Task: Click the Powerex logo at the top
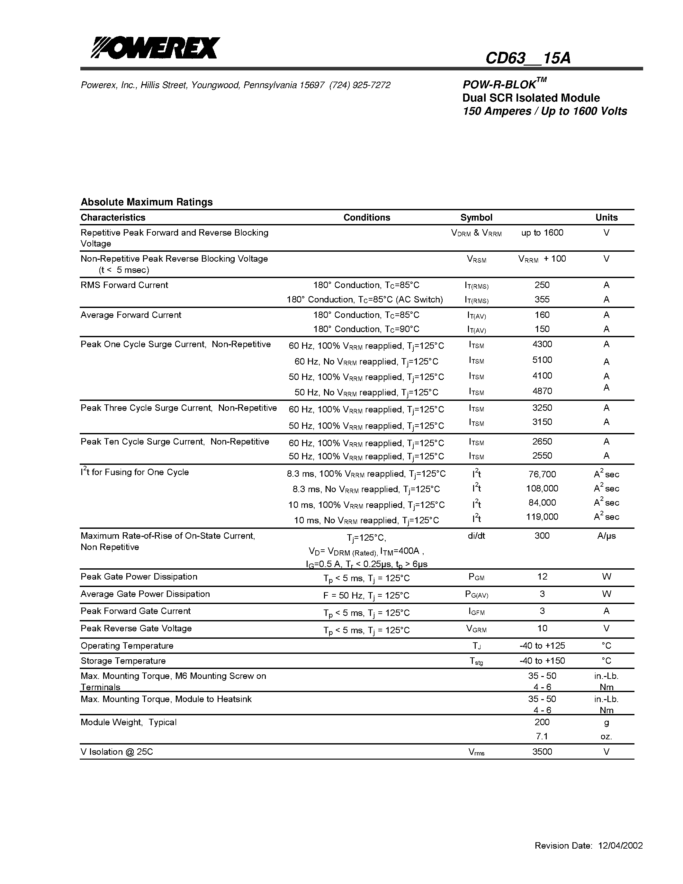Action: point(155,48)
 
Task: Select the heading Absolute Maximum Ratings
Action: point(147,202)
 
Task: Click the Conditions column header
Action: point(367,217)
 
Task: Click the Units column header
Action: point(606,217)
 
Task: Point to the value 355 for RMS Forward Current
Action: point(542,300)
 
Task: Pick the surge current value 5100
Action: point(542,360)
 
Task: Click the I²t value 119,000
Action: point(542,517)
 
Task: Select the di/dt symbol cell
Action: point(476,536)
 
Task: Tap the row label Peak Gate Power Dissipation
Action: point(139,577)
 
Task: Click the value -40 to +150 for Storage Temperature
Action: point(542,661)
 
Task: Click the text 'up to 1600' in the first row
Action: point(542,233)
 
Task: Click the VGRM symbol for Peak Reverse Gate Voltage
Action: point(476,629)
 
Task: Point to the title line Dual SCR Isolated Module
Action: point(531,98)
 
